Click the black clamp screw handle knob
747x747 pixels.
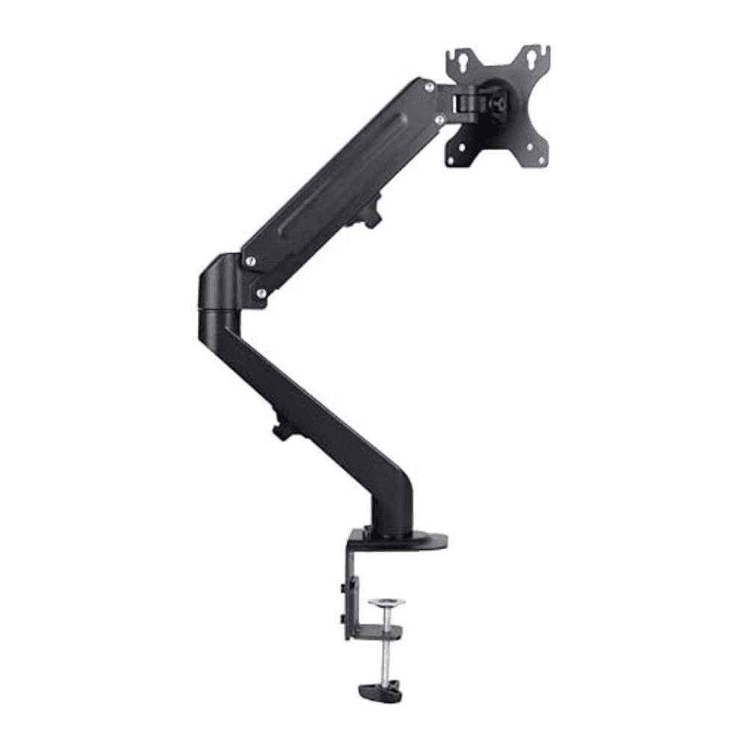(380, 691)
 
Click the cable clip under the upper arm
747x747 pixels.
(371, 211)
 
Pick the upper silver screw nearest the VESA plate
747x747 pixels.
(429, 88)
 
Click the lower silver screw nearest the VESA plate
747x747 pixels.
(440, 119)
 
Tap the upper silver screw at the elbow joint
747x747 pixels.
(250, 261)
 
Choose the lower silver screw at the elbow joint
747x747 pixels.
(261, 294)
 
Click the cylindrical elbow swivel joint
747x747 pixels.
(217, 291)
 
